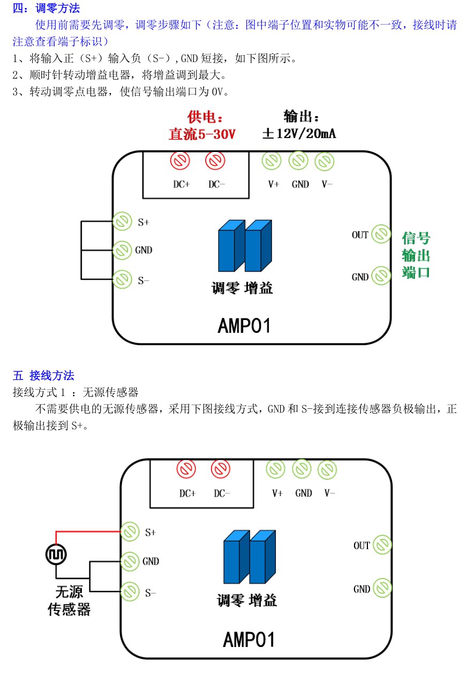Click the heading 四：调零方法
click(x=46, y=8)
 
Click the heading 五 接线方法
click(x=43, y=376)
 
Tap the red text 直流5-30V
click(x=202, y=134)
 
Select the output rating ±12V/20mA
click(x=299, y=133)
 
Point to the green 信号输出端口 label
click(x=416, y=255)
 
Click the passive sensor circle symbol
click(x=56, y=554)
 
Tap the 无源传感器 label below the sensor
click(x=69, y=600)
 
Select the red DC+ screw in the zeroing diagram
click(x=180, y=160)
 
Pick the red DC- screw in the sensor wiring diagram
click(x=220, y=469)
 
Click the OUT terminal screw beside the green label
click(x=381, y=234)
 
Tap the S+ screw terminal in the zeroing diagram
click(x=122, y=221)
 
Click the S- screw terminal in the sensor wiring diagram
click(x=130, y=592)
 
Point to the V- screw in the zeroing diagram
click(x=325, y=161)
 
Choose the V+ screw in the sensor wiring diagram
click(x=275, y=469)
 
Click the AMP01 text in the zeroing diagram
click(x=244, y=325)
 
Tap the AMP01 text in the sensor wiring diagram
click(x=248, y=640)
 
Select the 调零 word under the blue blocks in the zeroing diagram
click(x=225, y=288)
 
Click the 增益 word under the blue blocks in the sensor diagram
click(x=262, y=600)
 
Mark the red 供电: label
click(x=205, y=117)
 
